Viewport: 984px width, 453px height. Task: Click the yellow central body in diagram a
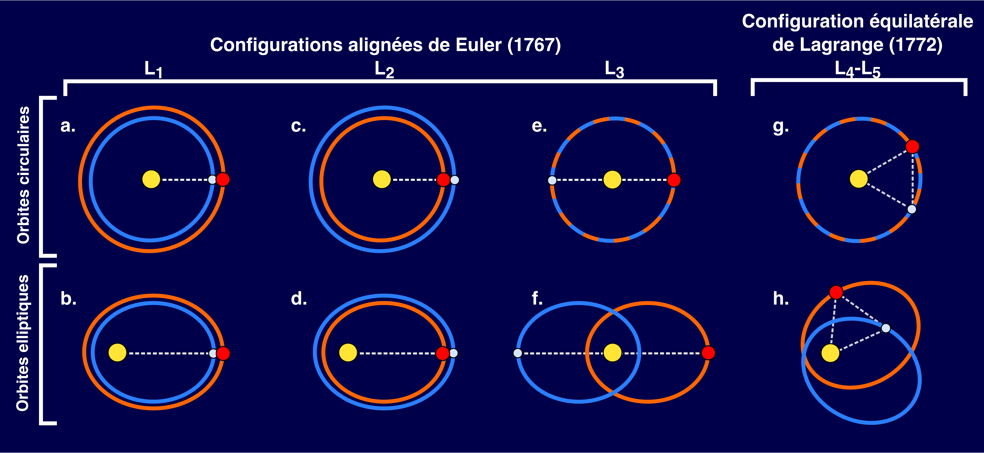[x=151, y=179]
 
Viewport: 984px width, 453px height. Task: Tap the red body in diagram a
[x=223, y=179]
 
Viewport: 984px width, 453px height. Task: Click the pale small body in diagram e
[x=552, y=180]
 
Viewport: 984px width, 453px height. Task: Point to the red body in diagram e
[x=674, y=180]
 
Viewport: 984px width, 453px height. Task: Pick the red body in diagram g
[x=913, y=146]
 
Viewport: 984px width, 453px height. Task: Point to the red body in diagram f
[x=708, y=353]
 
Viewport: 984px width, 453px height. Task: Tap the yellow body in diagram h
[x=830, y=353]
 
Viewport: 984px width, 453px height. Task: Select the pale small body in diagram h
[x=886, y=328]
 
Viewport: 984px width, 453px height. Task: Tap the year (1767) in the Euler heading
[x=534, y=45]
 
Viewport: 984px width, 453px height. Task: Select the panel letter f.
[x=537, y=298]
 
